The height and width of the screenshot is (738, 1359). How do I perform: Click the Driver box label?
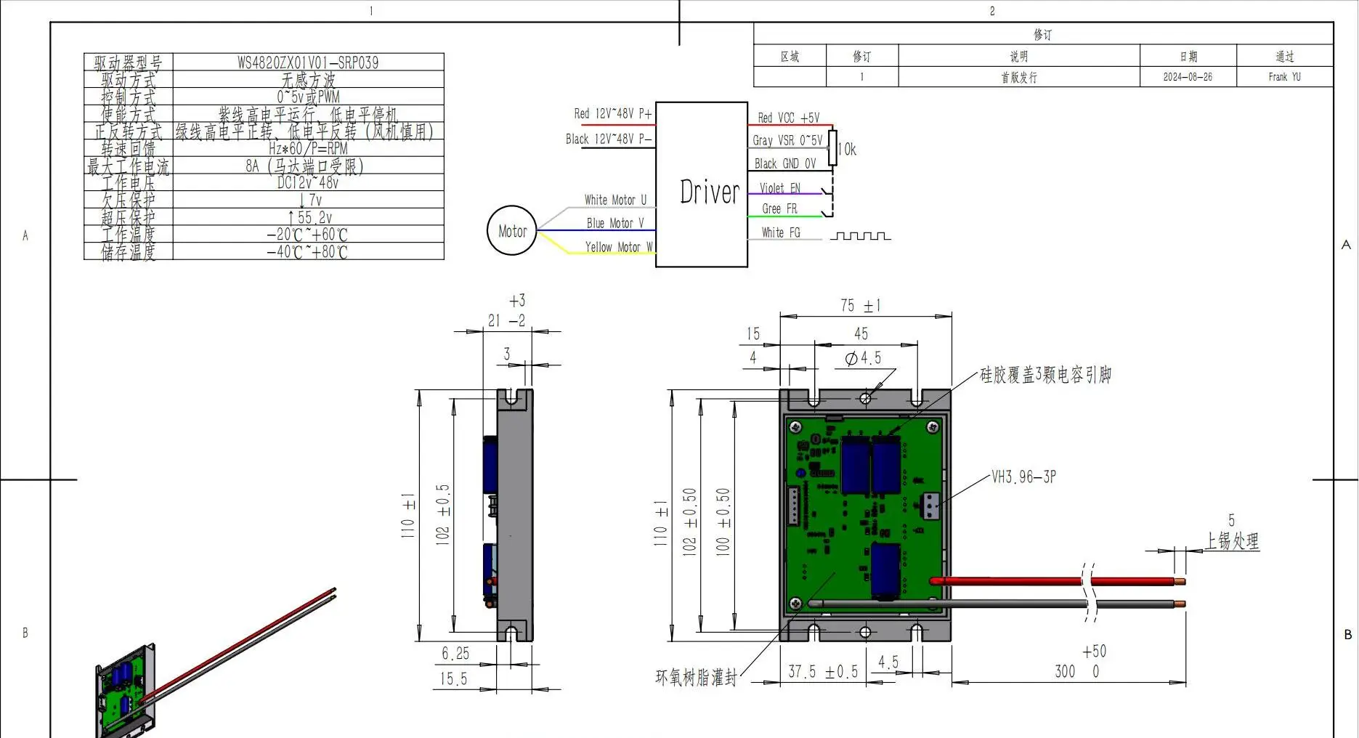(709, 192)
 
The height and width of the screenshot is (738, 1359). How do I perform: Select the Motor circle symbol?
(512, 231)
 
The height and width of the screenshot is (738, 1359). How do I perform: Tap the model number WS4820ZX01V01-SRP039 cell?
(308, 62)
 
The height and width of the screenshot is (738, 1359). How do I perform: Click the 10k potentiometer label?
(847, 150)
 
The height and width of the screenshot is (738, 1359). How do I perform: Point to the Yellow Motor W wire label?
(618, 247)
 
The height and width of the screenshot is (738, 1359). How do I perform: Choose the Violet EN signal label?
(779, 188)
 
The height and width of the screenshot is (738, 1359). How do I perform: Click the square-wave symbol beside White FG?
(860, 236)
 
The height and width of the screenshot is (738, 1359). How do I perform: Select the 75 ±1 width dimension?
(861, 306)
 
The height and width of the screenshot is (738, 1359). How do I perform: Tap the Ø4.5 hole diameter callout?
(863, 358)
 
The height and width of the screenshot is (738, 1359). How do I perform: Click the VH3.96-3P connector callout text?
(1023, 477)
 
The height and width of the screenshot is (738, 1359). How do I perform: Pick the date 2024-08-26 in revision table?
(1188, 77)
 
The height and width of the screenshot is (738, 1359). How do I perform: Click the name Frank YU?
(1284, 77)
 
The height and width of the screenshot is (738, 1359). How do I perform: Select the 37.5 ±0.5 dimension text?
(823, 672)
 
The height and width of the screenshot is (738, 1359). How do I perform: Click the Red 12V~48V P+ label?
(612, 114)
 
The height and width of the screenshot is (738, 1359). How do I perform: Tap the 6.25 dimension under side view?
(455, 654)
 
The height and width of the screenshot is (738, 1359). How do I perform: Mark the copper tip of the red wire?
(1181, 581)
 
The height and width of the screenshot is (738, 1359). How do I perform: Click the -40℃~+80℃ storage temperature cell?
(308, 252)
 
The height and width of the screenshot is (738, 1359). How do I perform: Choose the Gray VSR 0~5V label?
(787, 140)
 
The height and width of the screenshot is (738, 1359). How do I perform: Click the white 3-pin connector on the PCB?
(930, 506)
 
